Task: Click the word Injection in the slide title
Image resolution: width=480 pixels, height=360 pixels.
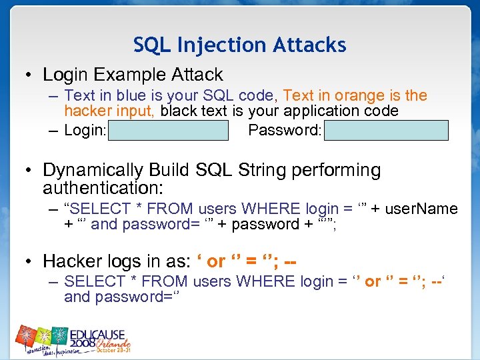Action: point(207,45)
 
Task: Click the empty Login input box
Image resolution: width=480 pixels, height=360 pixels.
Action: point(168,130)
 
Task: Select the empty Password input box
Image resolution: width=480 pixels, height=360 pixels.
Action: point(386,130)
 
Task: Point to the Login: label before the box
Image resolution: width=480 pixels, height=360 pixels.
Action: point(85,130)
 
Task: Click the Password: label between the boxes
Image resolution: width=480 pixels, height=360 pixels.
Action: point(285,130)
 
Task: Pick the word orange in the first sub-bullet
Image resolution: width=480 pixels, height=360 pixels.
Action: point(347,96)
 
